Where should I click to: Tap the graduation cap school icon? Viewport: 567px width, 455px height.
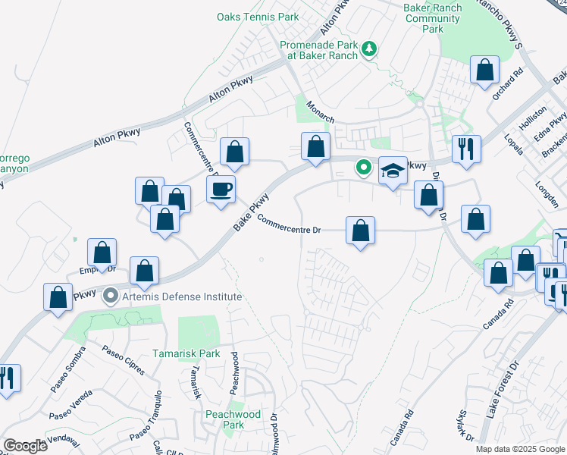[393, 171]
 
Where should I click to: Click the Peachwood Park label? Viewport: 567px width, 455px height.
[233, 419]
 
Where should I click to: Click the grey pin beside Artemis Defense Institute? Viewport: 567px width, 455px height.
[111, 296]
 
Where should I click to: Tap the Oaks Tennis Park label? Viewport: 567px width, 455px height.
[258, 17]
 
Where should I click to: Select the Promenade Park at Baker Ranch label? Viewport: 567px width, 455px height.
[315, 51]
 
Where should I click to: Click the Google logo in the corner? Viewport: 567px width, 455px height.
[25, 446]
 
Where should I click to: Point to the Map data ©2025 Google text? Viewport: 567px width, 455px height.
[520, 449]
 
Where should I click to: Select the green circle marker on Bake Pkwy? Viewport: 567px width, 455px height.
[364, 166]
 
